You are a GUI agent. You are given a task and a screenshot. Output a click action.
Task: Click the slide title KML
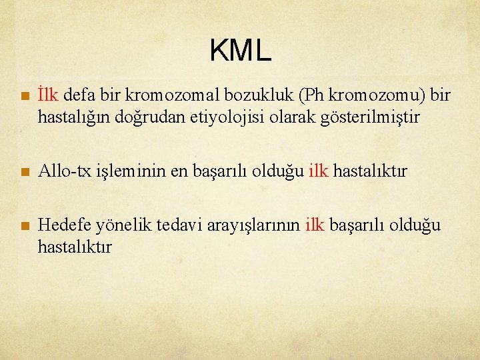coord(240,51)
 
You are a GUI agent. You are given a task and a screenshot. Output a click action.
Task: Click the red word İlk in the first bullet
coord(49,96)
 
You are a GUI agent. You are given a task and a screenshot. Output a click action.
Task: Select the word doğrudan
coord(145,118)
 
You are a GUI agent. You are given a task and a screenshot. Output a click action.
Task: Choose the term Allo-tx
coord(63,171)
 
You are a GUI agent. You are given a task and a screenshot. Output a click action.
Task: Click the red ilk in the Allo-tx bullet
coord(318,171)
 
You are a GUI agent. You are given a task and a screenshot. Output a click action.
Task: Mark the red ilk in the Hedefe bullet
coord(315,225)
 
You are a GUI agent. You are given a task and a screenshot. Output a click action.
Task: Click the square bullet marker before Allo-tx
coord(25,172)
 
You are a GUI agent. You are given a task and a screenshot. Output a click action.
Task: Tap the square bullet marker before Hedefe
coord(25,226)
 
